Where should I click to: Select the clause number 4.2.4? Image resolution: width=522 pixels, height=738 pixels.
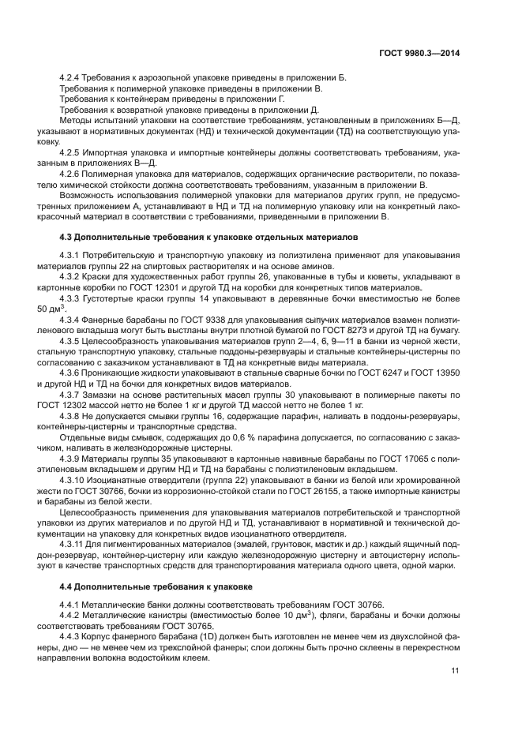pyautogui.click(x=72, y=77)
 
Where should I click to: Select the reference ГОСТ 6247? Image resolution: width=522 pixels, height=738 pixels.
pyautogui.click(x=385, y=370)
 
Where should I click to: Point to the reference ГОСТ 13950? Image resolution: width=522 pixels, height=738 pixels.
pyautogui.click(x=445, y=370)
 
